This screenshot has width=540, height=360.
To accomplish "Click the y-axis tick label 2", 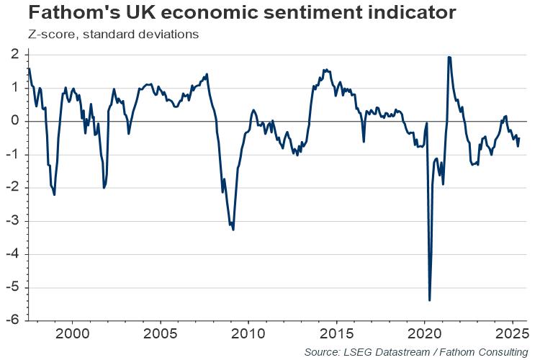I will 14,54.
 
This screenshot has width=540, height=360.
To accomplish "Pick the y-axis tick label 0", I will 14,121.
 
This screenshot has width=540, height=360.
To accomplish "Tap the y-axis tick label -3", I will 12,221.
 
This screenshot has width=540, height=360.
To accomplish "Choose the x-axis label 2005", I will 160,334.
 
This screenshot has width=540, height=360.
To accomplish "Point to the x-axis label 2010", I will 248,334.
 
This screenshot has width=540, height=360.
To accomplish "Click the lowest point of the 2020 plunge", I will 429,300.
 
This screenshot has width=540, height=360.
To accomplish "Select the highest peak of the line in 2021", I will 449,57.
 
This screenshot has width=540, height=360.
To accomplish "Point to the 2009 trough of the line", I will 233,230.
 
